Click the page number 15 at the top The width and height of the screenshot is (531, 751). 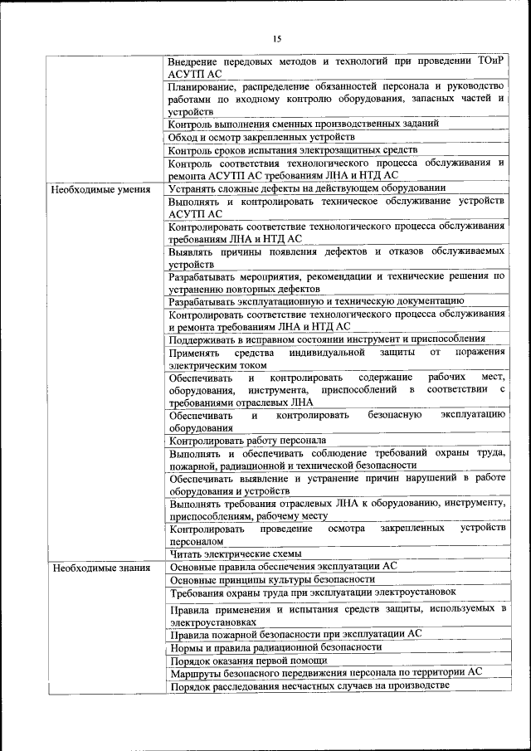coord(277,38)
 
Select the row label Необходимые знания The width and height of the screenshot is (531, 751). coord(100,568)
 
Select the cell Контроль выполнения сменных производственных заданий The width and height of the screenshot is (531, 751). coord(304,124)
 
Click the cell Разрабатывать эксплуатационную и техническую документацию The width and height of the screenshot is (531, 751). coord(315,301)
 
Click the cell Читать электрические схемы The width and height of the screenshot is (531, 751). coord(235,553)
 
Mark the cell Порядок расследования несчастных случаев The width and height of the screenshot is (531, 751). coord(309,686)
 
